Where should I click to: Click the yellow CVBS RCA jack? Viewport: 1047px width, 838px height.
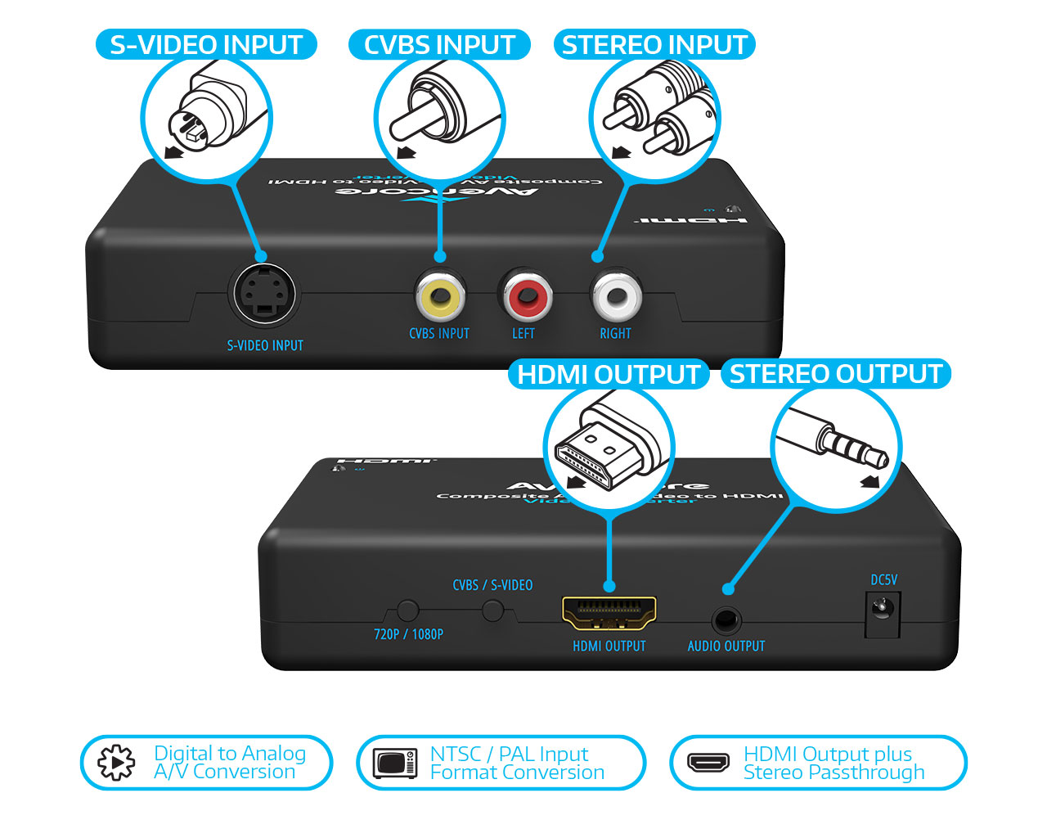[440, 295]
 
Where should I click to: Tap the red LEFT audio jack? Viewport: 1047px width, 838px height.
[525, 295]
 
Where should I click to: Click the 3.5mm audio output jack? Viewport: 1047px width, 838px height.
[725, 620]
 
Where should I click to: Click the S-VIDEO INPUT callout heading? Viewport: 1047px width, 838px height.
[206, 44]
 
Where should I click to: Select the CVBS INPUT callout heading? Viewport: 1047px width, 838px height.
[439, 44]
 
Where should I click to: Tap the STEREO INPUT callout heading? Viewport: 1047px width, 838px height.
[654, 44]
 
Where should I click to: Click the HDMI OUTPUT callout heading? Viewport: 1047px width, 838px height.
[609, 374]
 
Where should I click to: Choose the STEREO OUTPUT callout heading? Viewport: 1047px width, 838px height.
[835, 374]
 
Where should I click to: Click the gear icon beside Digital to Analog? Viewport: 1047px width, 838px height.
[116, 763]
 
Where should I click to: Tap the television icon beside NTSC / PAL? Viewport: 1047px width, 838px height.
[395, 763]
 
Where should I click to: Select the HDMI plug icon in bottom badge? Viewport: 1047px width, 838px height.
[708, 763]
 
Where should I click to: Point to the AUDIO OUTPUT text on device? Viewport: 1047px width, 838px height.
[726, 646]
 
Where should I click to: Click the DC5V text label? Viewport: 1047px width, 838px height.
[883, 579]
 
